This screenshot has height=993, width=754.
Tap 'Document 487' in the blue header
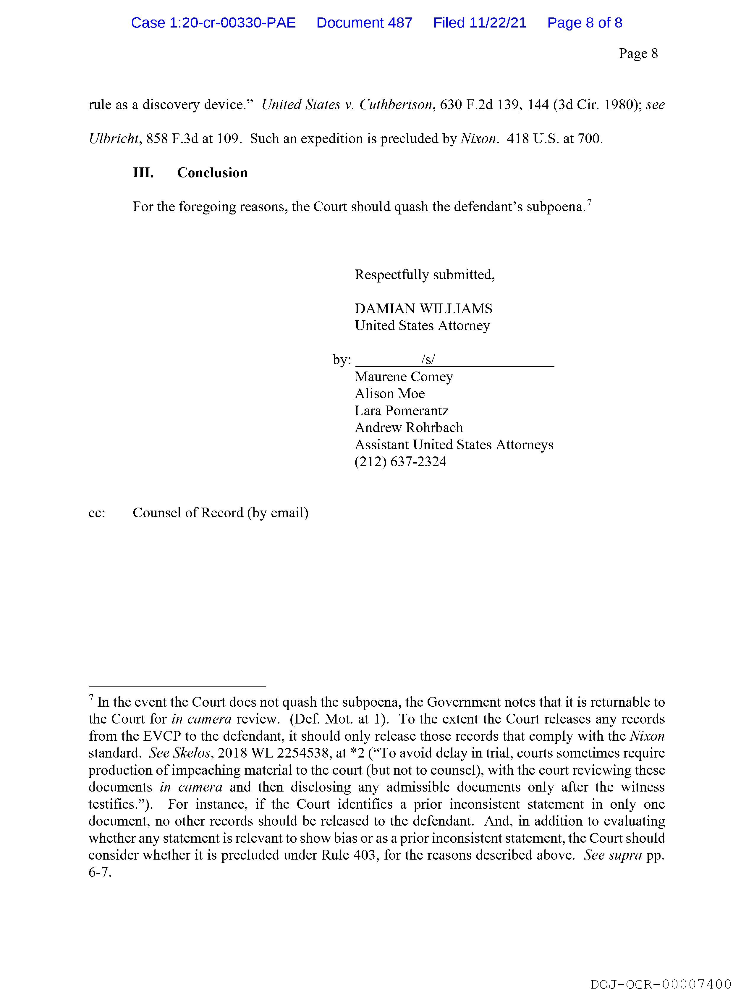[364, 23]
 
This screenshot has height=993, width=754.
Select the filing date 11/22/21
[498, 23]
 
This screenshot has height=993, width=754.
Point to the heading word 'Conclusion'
[212, 173]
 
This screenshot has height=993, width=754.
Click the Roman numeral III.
[143, 173]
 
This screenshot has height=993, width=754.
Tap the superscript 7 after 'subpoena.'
[589, 203]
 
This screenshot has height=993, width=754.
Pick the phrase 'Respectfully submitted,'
[425, 275]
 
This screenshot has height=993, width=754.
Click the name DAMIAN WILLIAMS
[423, 309]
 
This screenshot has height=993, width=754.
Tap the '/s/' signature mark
[428, 360]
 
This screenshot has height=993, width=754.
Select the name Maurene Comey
[404, 377]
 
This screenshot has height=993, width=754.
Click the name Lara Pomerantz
[401, 411]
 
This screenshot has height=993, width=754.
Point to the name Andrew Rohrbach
[408, 428]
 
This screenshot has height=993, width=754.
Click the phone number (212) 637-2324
[400, 462]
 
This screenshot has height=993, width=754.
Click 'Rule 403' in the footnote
[348, 855]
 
